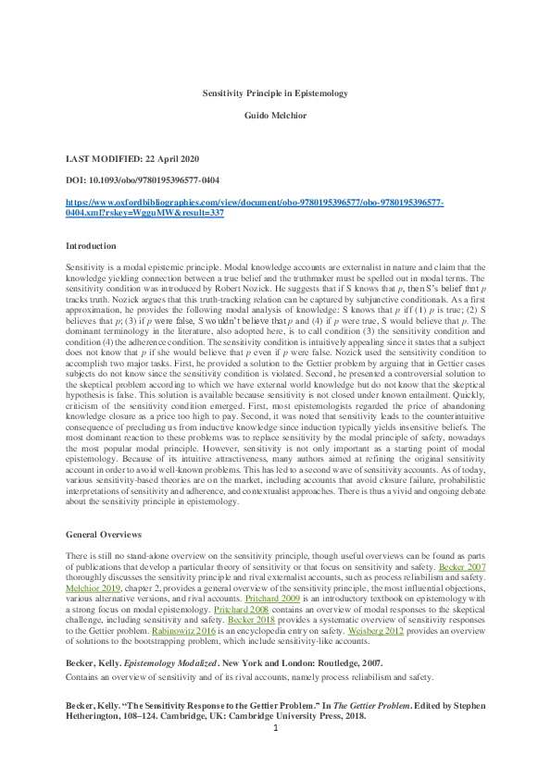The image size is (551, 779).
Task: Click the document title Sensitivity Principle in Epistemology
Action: point(275,93)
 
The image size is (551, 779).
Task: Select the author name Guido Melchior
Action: point(275,116)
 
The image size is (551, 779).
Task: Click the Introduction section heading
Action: point(91,246)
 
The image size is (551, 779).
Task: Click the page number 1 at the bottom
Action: point(275,754)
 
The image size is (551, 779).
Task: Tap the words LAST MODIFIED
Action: point(104,160)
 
